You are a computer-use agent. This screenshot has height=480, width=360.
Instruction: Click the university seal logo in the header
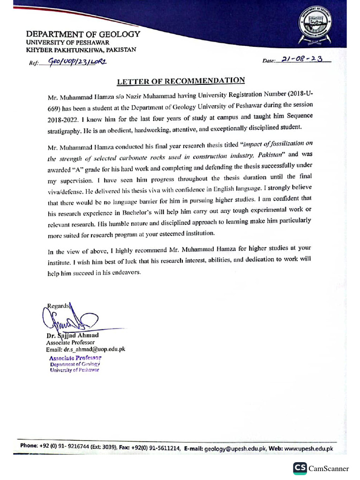[x=315, y=28]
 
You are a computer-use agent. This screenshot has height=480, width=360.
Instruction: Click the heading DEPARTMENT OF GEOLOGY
[x=83, y=34]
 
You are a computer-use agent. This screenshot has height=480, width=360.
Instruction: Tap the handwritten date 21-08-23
[x=303, y=60]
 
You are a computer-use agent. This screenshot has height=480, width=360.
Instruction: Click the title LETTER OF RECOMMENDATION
[x=181, y=81]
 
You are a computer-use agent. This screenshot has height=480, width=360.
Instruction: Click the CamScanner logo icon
[x=300, y=468]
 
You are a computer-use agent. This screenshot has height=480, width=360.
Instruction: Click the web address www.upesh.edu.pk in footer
[x=308, y=448]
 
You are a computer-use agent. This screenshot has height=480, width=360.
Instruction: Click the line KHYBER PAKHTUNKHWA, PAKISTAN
[x=81, y=50]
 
